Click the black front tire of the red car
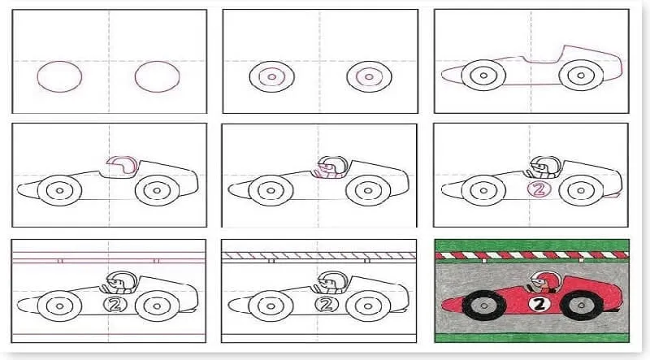pyautogui.click(x=483, y=306)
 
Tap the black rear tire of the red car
pyautogui.click(x=581, y=306)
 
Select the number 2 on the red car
pyautogui.click(x=539, y=305)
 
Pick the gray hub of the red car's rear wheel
pyautogui.click(x=581, y=306)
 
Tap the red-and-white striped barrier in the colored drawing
pyautogui.click(x=532, y=254)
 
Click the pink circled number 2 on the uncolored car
pyautogui.click(x=539, y=189)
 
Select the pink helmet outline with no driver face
pyautogui.click(x=122, y=165)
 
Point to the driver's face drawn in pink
pyautogui.click(x=326, y=168)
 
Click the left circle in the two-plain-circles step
pyautogui.click(x=59, y=76)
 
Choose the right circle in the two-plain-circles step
pyautogui.click(x=157, y=76)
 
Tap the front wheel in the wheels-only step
pyautogui.click(x=271, y=76)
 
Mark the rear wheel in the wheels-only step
pyautogui.click(x=369, y=76)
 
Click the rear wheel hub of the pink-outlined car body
pyautogui.click(x=581, y=76)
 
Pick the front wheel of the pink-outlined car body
pyautogui.click(x=483, y=75)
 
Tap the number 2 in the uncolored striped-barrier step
pyautogui.click(x=327, y=305)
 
